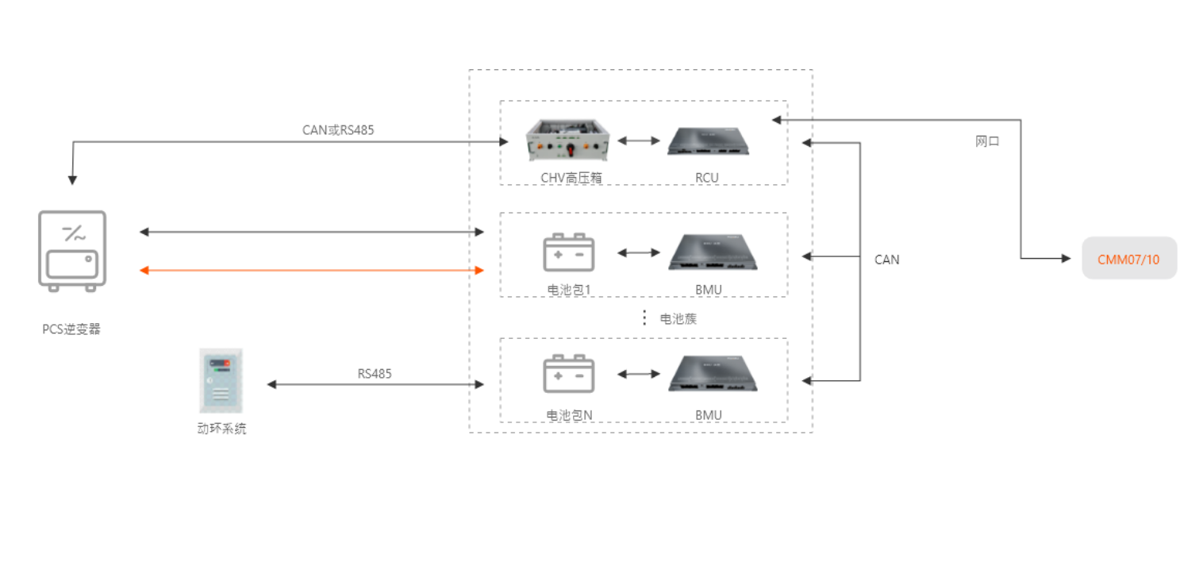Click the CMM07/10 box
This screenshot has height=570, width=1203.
coord(1128,259)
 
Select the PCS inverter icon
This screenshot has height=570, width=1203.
coord(71,251)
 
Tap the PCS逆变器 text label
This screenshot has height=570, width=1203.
coord(71,329)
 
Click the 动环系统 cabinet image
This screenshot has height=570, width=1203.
coord(221,379)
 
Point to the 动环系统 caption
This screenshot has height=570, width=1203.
coord(222,429)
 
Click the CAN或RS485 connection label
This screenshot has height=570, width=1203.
coord(338,129)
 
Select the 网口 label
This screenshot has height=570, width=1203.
coord(987,141)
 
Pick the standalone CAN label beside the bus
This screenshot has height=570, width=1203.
coord(886,260)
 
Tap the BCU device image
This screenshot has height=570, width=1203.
coord(708,141)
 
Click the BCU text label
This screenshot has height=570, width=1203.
coord(707,178)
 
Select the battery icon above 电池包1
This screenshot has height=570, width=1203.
coord(568,252)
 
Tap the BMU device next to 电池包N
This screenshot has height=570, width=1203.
coord(712,376)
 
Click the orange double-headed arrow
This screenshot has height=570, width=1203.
coord(312,271)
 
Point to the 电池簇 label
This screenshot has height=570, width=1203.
coord(678,319)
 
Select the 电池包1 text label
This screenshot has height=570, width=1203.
coord(570,290)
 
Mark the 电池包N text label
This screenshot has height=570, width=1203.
coord(570,414)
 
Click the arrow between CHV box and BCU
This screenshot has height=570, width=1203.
coord(639,141)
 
